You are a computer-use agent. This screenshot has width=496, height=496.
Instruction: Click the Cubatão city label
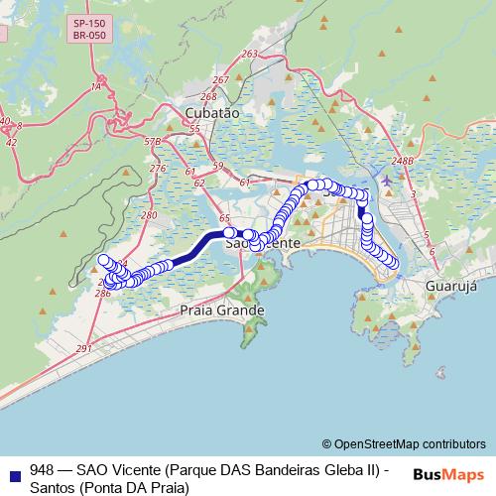pos(212,113)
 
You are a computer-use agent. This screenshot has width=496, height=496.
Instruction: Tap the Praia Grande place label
pos(222,310)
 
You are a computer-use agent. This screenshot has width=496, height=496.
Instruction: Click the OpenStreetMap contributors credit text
pos(403,443)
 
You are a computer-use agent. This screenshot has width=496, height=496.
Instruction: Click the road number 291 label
pos(83,349)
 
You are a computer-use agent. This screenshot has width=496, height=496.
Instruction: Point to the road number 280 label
pos(149,214)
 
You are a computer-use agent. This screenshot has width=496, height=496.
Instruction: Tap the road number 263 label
pos(249,55)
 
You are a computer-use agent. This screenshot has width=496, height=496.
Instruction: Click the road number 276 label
pos(157,169)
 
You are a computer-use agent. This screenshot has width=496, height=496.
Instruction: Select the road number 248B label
pos(401,160)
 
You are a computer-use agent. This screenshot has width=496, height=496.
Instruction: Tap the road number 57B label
pos(152,142)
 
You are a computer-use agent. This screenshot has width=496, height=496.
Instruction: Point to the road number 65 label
pos(224,217)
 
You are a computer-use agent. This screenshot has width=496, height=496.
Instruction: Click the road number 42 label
pos(11,142)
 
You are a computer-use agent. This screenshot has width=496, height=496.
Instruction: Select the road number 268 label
pos(207,96)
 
